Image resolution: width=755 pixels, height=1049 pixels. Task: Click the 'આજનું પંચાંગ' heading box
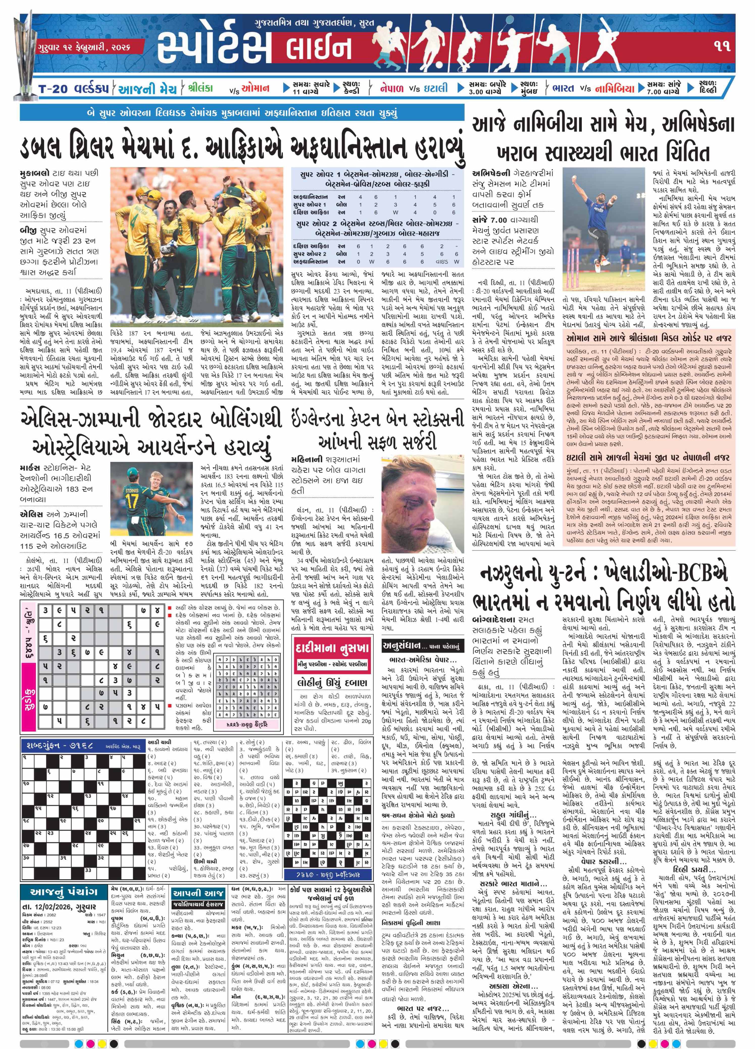(64, 892)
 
